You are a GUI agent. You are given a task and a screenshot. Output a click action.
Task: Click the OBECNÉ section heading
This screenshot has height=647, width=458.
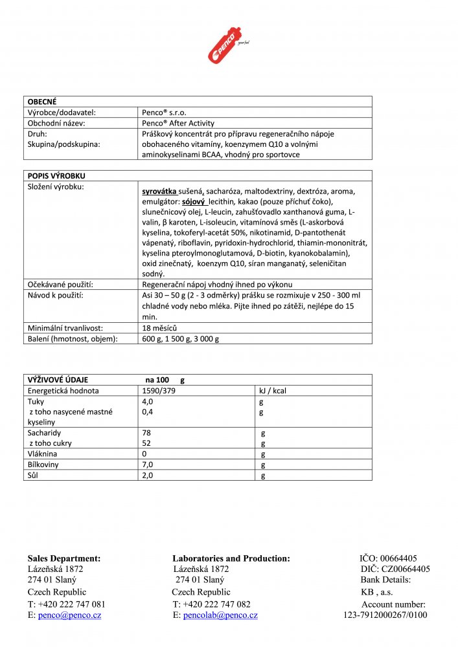pyautogui.click(x=42, y=102)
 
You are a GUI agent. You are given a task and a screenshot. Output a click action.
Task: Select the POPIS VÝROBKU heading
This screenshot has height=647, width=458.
pyautogui.click(x=56, y=176)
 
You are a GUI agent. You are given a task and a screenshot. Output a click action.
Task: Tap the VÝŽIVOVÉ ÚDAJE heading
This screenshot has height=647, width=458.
pyautogui.click(x=58, y=380)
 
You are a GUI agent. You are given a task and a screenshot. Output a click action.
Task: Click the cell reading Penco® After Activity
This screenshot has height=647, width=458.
pyautogui.click(x=178, y=123)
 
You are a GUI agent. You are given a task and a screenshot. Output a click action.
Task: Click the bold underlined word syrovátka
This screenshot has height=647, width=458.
pyautogui.click(x=159, y=192)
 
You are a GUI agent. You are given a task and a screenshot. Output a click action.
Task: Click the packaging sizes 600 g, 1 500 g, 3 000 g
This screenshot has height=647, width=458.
pyautogui.click(x=181, y=338)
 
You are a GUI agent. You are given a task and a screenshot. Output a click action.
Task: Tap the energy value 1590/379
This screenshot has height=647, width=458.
pyautogui.click(x=159, y=391)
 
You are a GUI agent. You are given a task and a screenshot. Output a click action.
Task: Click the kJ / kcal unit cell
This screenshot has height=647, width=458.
pyautogui.click(x=273, y=391)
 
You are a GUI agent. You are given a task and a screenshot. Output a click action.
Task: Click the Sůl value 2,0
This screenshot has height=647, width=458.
pyautogui.click(x=148, y=476)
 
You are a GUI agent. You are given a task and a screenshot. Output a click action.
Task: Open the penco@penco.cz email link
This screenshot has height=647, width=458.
pyautogui.click(x=69, y=615)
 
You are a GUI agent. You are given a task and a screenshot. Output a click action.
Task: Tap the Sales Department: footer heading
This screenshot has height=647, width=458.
pyautogui.click(x=63, y=558)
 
